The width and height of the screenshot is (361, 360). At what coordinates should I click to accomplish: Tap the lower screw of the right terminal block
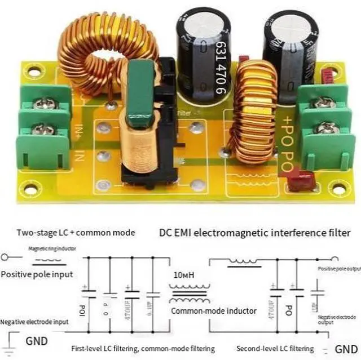pyautogui.click(x=327, y=128)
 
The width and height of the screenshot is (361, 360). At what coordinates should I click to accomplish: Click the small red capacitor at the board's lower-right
pyautogui.click(x=295, y=181)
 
